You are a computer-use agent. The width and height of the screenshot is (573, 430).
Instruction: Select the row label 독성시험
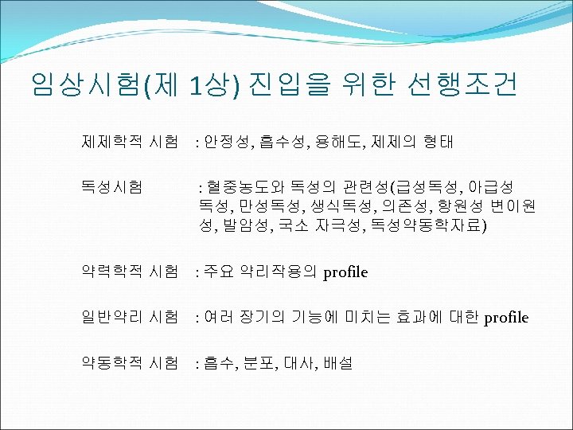(x=111, y=187)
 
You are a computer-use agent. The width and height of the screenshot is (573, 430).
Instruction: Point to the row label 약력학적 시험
(x=129, y=272)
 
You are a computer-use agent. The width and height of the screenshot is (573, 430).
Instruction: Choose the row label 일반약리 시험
(x=129, y=317)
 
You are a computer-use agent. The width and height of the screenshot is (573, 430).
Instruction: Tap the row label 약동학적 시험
(x=129, y=362)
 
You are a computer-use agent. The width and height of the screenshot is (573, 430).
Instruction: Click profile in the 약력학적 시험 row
(x=345, y=272)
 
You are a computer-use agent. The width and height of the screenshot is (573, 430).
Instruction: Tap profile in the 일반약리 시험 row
(x=506, y=318)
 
